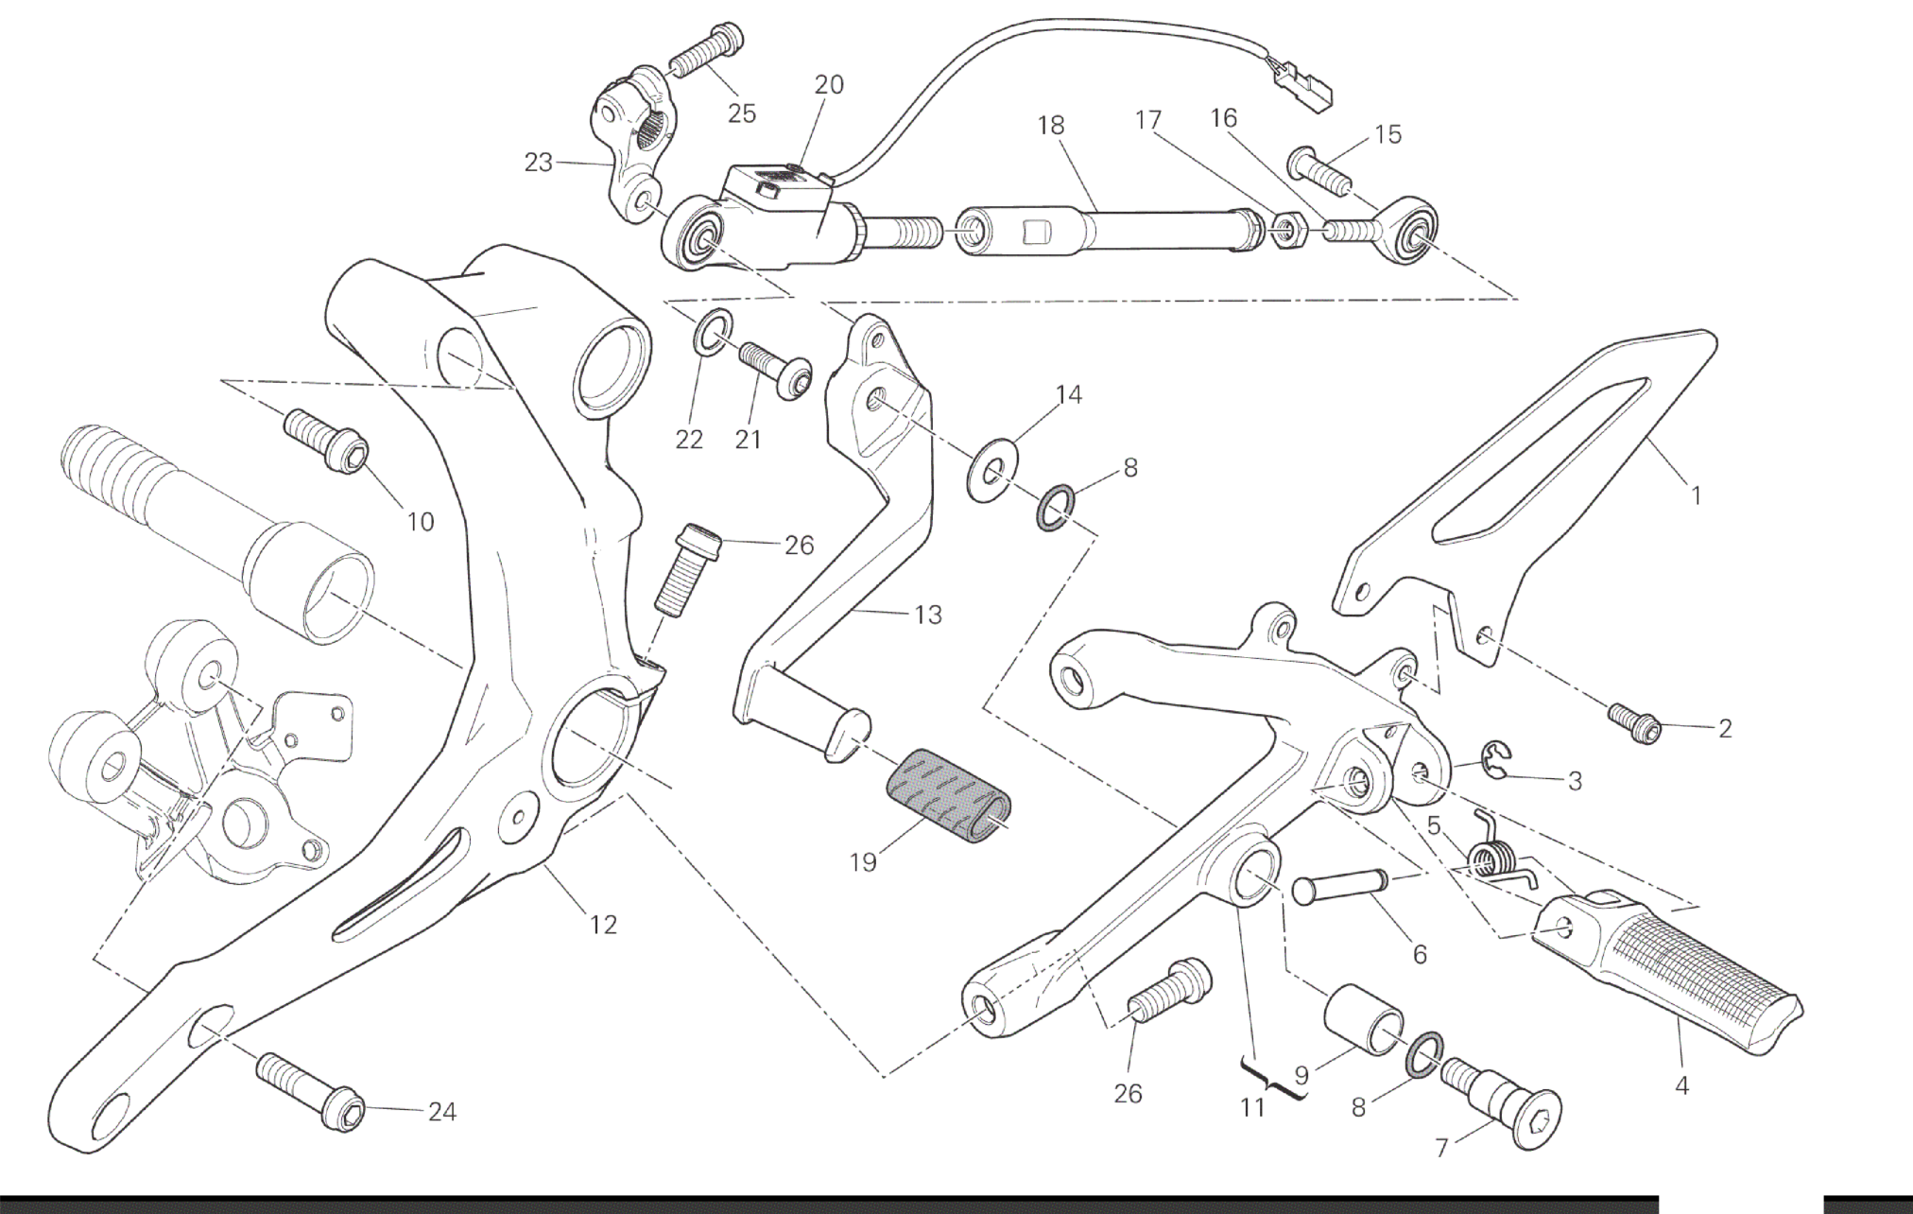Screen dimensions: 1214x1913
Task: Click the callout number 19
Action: [863, 861]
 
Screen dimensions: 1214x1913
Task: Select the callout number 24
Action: [441, 1112]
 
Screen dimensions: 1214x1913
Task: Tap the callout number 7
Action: [1441, 1149]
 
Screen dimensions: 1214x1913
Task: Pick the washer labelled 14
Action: [990, 470]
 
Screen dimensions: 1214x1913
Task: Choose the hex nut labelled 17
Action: [1286, 231]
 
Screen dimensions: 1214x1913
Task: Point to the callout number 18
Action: [1050, 125]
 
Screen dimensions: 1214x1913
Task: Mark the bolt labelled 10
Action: [327, 442]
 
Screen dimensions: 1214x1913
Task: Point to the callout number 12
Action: [603, 924]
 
